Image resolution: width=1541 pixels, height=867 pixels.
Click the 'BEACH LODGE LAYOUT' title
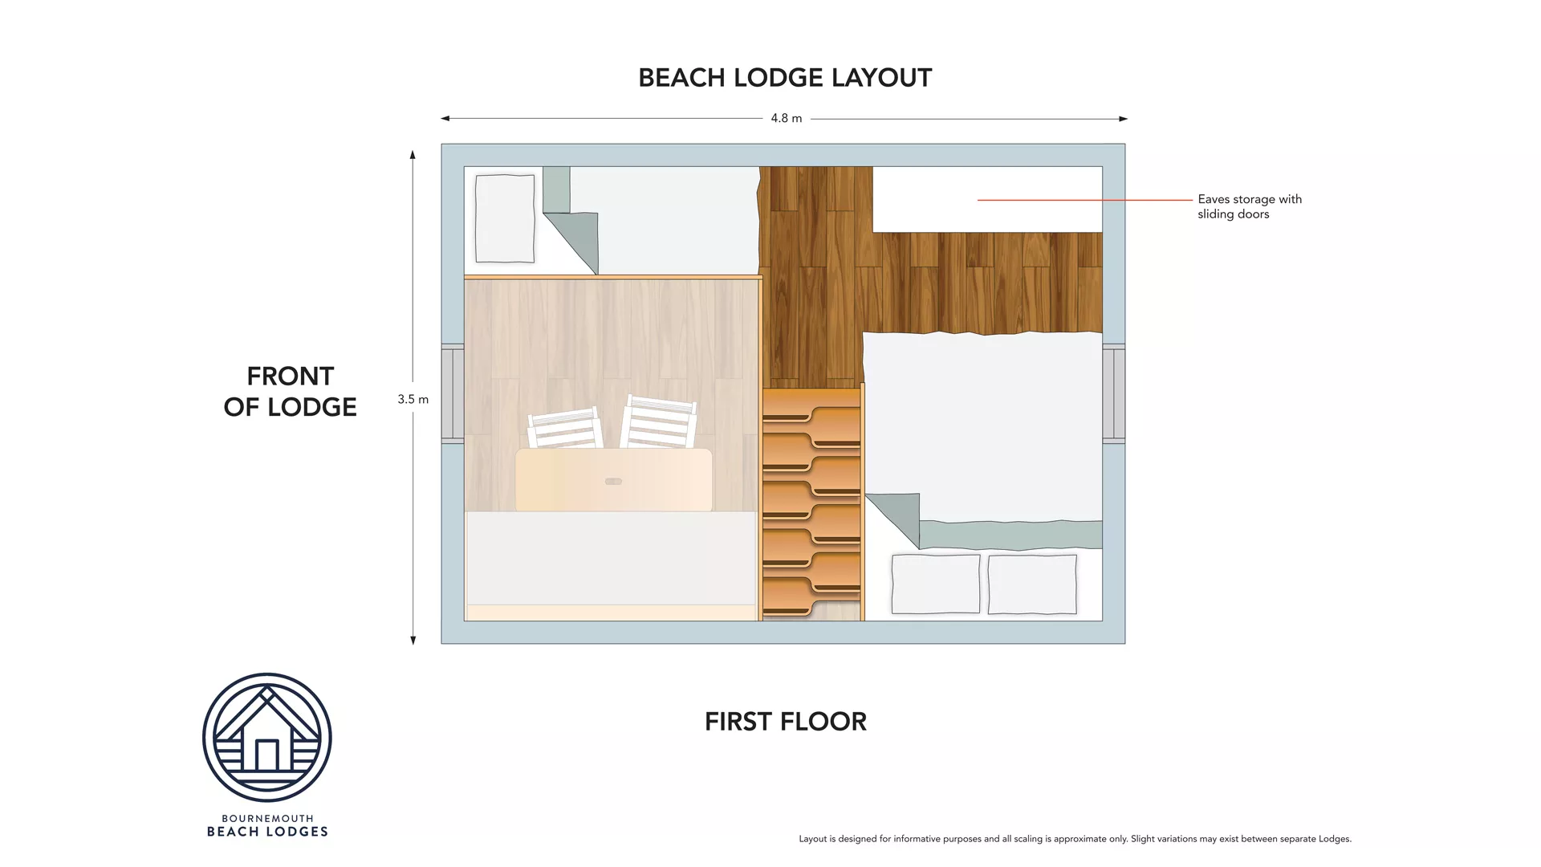point(784,78)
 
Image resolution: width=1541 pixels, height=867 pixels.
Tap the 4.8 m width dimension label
point(786,118)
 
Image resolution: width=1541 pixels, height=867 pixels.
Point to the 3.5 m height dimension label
point(413,399)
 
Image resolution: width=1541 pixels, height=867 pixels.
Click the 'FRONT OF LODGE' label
point(290,392)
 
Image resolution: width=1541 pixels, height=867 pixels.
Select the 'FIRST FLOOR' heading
point(785,722)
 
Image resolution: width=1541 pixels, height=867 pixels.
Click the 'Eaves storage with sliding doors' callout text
point(1249,206)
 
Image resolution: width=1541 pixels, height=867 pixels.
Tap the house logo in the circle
point(266,737)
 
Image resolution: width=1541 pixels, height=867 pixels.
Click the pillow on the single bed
point(505,218)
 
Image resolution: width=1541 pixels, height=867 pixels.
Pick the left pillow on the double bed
point(935,584)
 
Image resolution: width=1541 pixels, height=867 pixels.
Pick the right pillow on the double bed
point(1031,584)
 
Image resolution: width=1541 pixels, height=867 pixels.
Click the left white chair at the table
point(565,429)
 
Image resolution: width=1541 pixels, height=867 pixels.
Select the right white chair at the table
point(658,423)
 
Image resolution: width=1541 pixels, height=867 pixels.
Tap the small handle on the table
point(613,482)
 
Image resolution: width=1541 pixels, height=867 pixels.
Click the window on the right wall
point(1113,393)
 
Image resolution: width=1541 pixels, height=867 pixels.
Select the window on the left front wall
point(453,393)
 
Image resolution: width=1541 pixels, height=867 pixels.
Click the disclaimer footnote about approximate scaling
point(1075,839)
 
